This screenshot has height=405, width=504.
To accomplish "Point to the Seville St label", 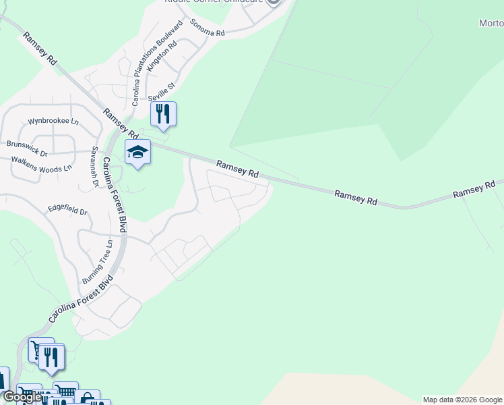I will click(x=162, y=87).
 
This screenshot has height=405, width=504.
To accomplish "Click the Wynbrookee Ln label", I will click(x=53, y=122).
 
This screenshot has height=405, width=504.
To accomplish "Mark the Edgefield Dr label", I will click(x=67, y=211).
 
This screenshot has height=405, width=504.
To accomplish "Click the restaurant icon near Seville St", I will click(x=162, y=114).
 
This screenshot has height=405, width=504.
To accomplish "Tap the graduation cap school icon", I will click(x=137, y=153).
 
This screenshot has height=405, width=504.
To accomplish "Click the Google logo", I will click(x=22, y=397).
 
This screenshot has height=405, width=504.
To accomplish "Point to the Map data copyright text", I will click(x=462, y=400).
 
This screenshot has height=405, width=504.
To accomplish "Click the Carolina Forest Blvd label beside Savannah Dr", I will click(x=114, y=195).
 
